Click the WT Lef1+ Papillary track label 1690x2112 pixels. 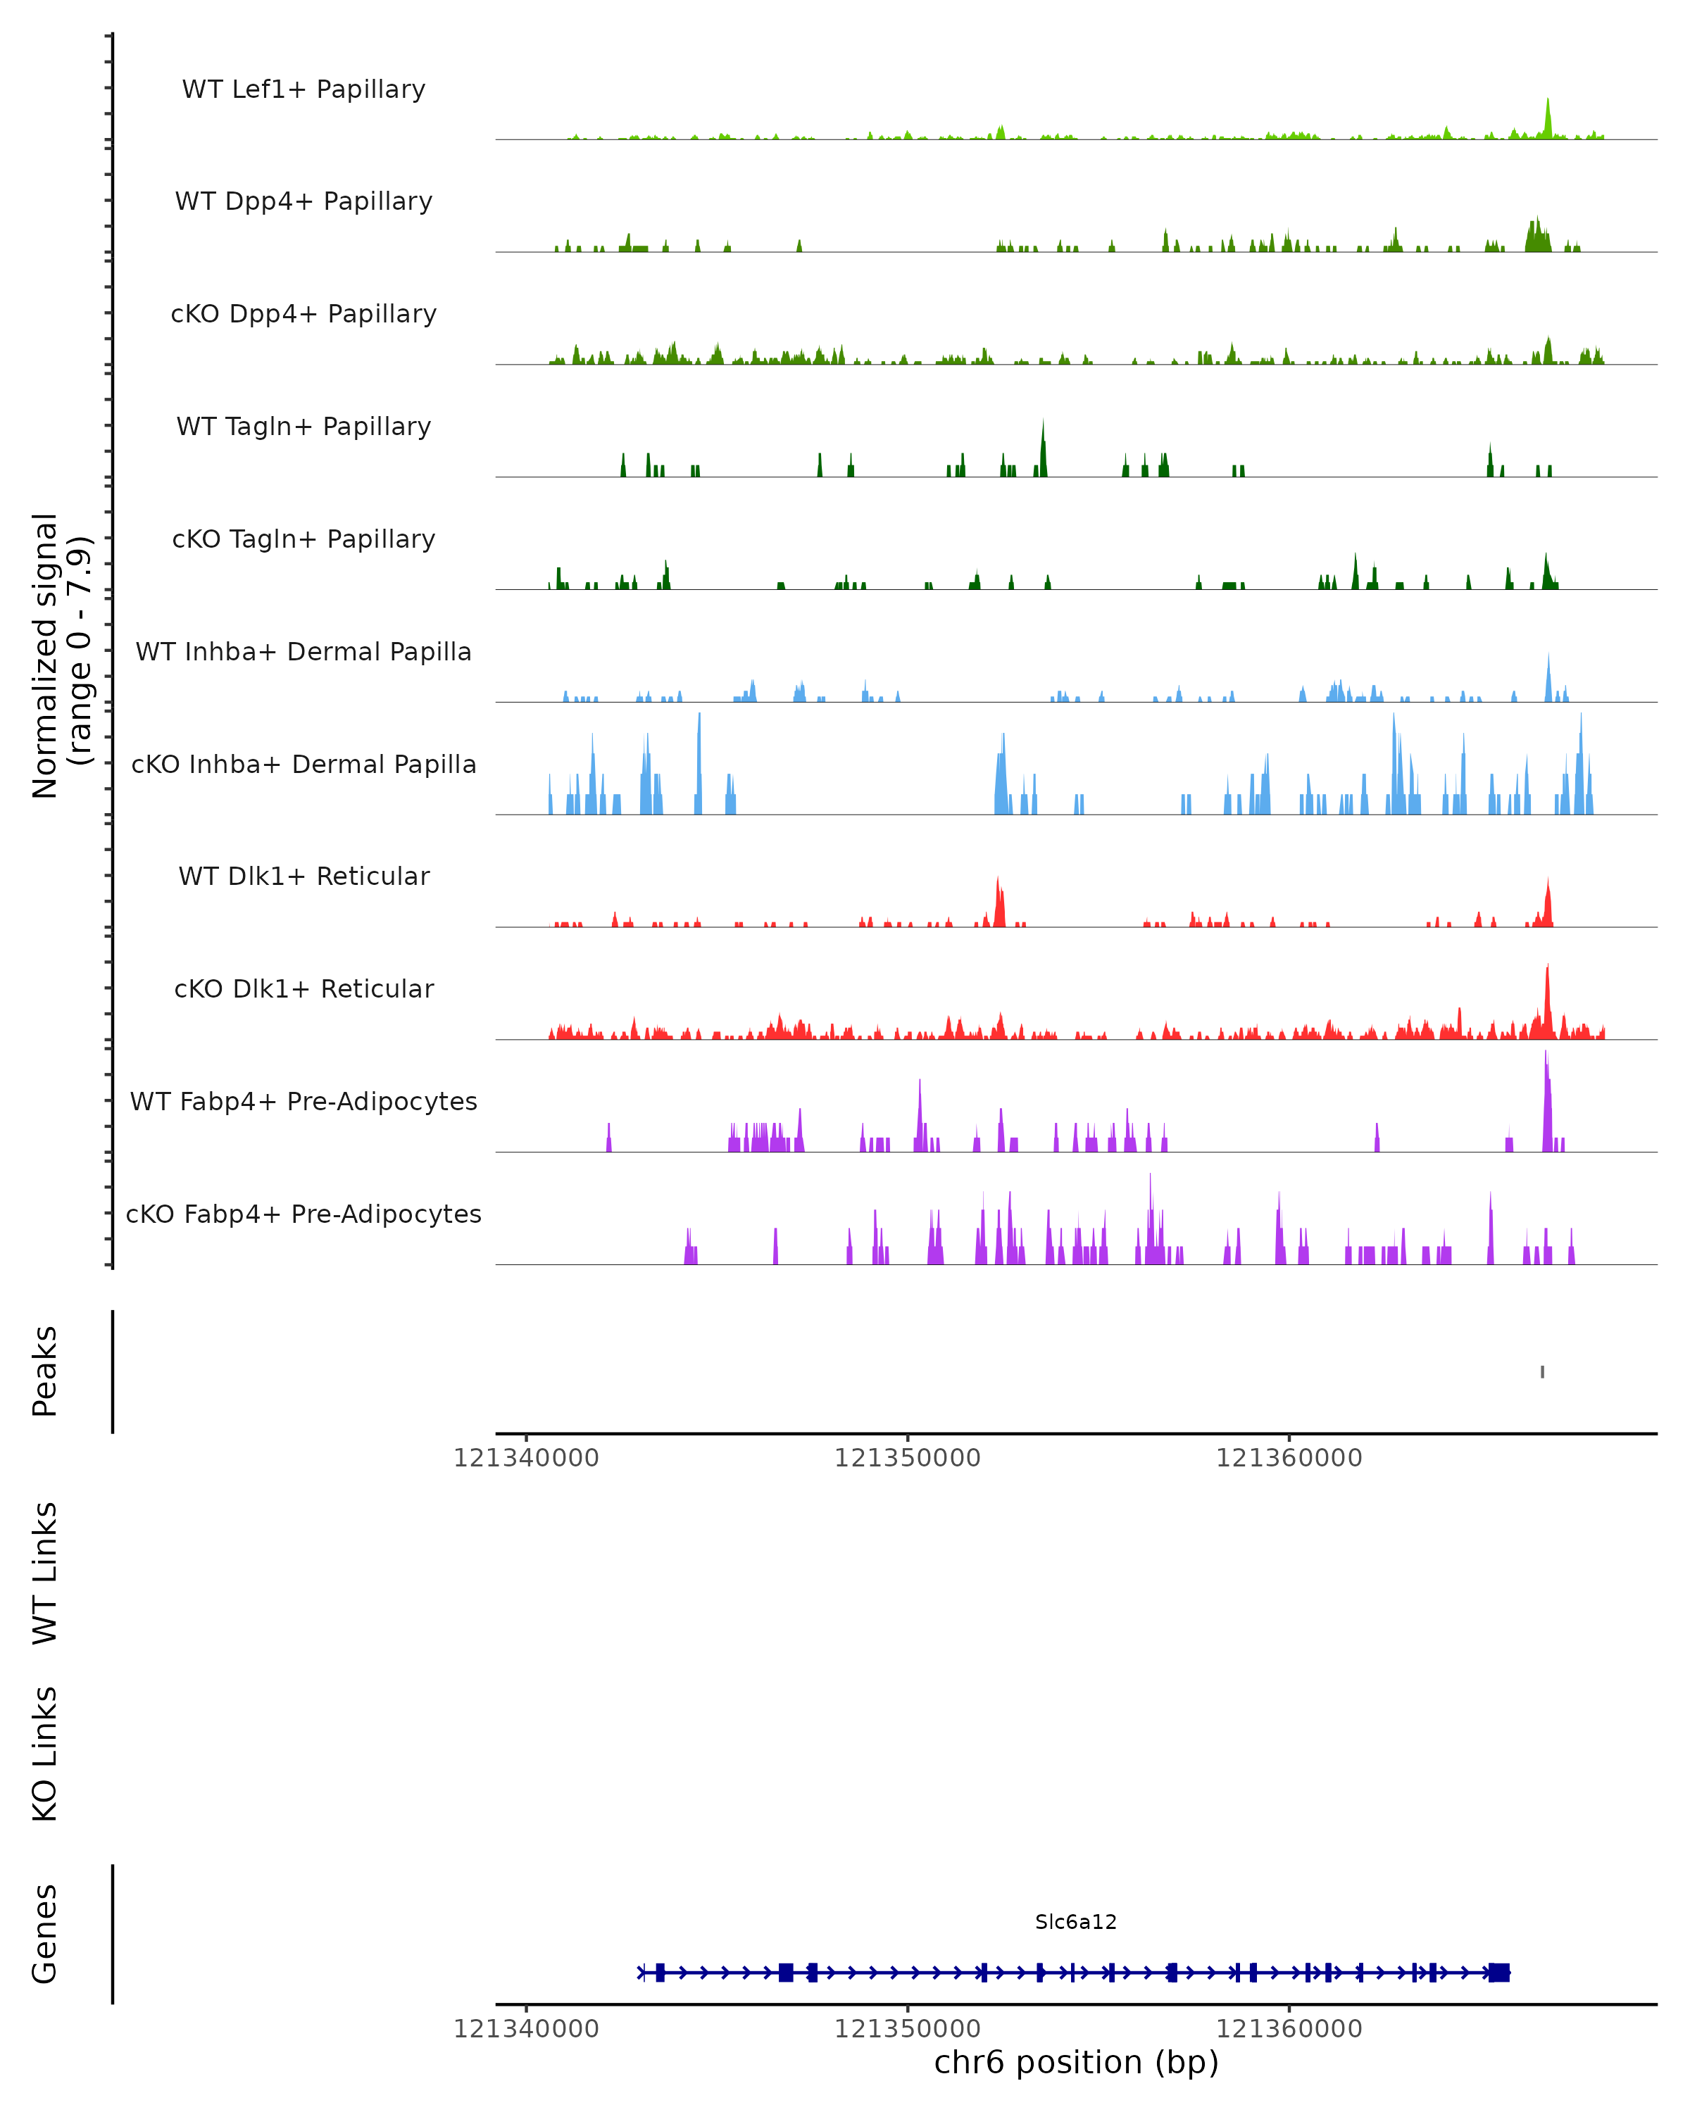pos(303,90)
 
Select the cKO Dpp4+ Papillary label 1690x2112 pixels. pos(303,315)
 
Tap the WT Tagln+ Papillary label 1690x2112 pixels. pos(303,427)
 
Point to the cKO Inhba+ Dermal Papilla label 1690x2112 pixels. pos(303,765)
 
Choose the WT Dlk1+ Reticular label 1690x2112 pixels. pos(303,876)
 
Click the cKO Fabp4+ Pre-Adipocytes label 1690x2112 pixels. pos(303,1214)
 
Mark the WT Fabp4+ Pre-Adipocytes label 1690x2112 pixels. pos(303,1102)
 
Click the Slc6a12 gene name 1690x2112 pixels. pos(1076,1923)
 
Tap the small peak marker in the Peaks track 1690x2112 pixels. pos(1542,1372)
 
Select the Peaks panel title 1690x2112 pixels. pos(45,1371)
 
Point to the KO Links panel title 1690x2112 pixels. pos(45,1754)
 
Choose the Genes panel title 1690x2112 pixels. pos(45,1935)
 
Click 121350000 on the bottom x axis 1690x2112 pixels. pos(907,2030)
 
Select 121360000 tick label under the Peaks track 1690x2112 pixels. pos(1289,1459)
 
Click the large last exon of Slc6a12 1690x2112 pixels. pos(1499,1973)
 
